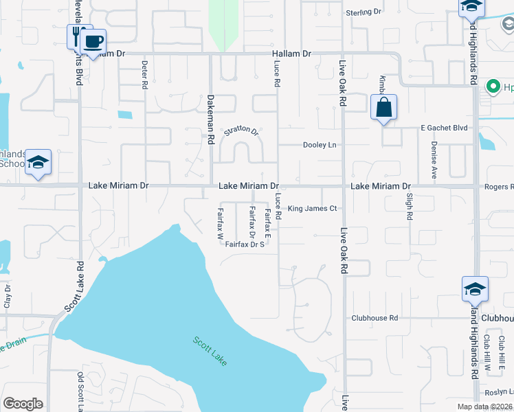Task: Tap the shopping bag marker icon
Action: (384, 108)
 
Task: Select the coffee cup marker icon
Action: (93, 41)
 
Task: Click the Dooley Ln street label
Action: (320, 145)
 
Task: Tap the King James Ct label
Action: (312, 209)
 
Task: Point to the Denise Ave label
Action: (434, 160)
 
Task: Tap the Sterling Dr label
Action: (364, 12)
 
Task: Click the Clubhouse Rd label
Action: (375, 318)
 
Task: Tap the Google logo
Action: (23, 404)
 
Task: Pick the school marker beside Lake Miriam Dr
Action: (38, 163)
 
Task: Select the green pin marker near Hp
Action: (492, 87)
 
